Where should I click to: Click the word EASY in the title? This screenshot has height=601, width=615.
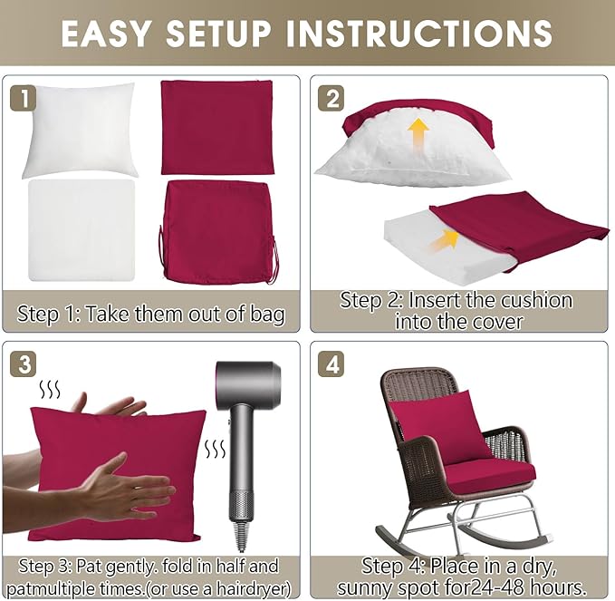pyautogui.click(x=106, y=33)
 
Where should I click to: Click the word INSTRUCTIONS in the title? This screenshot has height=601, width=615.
pyautogui.click(x=418, y=33)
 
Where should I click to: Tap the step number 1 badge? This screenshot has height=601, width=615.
pyautogui.click(x=23, y=98)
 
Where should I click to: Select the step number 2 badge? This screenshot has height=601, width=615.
pyautogui.click(x=332, y=98)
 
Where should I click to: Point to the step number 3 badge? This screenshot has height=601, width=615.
pyautogui.click(x=23, y=364)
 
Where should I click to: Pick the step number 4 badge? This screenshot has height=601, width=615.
pyautogui.click(x=332, y=364)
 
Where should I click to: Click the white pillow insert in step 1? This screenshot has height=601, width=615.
pyautogui.click(x=80, y=130)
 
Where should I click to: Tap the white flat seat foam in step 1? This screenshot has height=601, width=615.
pyautogui.click(x=82, y=230)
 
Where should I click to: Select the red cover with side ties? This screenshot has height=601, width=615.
pyautogui.click(x=219, y=231)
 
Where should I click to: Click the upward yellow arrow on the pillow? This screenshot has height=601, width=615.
pyautogui.click(x=418, y=135)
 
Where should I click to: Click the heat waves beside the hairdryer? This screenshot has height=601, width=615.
pyautogui.click(x=216, y=450)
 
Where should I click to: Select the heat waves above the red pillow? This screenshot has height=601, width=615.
pyautogui.click(x=50, y=390)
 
